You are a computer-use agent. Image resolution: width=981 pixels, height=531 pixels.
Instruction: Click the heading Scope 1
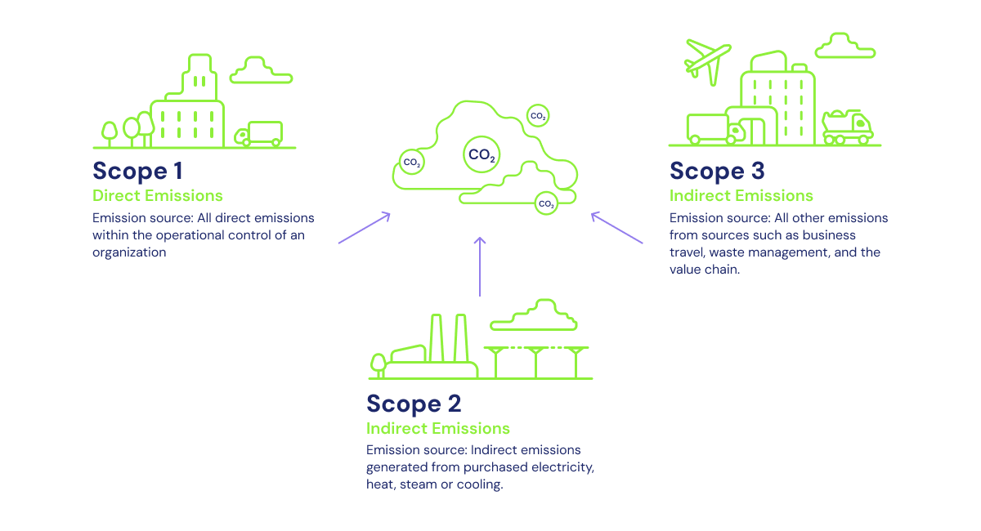point(137,172)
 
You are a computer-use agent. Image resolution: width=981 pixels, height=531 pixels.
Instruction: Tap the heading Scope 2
point(414,404)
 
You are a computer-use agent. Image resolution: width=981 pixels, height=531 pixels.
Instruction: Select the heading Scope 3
point(717,172)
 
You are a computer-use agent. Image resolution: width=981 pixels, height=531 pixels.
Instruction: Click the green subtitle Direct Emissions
point(158,196)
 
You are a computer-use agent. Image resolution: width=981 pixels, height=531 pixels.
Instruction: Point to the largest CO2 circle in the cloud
point(481,154)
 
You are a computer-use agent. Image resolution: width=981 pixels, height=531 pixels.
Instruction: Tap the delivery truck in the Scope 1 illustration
point(259,134)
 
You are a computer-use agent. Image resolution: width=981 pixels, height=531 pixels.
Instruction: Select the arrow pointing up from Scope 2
point(480,266)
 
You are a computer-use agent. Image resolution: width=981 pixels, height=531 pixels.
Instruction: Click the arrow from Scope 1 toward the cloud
point(364,229)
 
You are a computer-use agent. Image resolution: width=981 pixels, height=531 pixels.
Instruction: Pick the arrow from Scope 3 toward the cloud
point(617,228)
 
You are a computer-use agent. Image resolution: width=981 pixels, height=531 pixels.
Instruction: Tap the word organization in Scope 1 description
point(129,252)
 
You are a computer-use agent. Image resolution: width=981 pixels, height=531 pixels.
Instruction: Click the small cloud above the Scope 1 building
point(261,71)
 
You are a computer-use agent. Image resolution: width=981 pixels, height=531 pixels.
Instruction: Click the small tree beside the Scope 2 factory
point(378,364)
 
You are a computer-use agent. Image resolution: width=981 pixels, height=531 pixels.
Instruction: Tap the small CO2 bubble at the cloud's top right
point(538,116)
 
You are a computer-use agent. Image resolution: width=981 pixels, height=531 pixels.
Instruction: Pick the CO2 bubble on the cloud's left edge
point(412,163)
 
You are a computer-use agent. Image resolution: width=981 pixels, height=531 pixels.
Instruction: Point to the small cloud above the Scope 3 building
point(845,47)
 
